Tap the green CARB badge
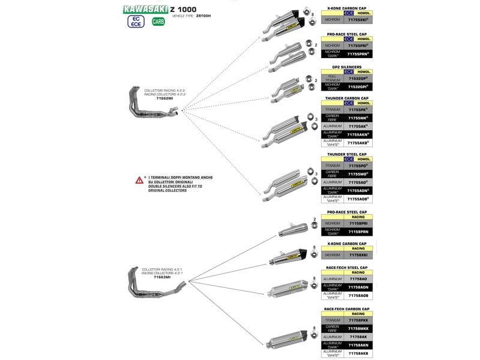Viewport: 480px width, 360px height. (x=158, y=22)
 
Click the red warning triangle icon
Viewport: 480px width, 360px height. (x=139, y=179)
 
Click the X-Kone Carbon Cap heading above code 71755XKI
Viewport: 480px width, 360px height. (x=347, y=8)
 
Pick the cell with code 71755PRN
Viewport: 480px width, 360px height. (x=357, y=55)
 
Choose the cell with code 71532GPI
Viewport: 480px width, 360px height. (x=357, y=87)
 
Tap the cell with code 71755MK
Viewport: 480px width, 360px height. (x=357, y=118)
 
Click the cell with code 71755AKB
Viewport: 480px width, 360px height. (x=357, y=143)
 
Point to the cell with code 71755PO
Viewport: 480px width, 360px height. (x=357, y=165)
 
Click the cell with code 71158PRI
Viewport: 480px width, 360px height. (x=357, y=223)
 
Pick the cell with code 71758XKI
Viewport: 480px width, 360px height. (x=357, y=255)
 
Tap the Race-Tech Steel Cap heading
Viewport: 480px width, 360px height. (x=347, y=268)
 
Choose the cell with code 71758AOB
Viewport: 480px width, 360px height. (x=357, y=295)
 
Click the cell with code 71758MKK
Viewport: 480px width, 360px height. (x=357, y=329)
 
